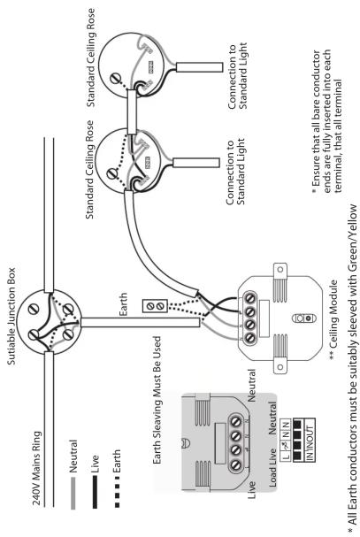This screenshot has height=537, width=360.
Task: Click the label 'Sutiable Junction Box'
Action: click(11, 316)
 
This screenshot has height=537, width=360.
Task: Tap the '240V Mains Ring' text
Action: click(36, 468)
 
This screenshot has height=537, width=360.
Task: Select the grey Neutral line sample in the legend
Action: click(73, 493)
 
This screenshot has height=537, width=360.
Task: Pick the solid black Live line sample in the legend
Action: click(95, 492)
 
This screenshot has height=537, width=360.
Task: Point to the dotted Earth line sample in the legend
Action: click(117, 492)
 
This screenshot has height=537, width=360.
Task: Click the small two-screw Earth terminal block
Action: click(155, 305)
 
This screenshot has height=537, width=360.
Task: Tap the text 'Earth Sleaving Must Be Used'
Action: click(157, 400)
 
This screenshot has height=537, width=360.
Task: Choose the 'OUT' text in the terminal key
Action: click(310, 433)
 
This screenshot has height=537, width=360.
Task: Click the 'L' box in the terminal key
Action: click(287, 456)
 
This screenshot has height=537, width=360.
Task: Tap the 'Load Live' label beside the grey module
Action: click(272, 467)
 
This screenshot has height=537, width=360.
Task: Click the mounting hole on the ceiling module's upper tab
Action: click(281, 270)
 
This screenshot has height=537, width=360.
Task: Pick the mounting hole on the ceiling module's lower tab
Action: click(281, 367)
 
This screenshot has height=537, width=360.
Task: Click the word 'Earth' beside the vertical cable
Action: click(123, 304)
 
